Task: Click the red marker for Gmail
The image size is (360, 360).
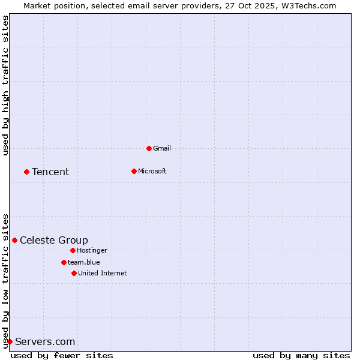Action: [149, 148]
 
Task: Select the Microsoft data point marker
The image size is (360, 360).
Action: [134, 171]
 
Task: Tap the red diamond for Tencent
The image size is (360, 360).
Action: [26, 172]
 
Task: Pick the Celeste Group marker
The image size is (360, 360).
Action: [14, 240]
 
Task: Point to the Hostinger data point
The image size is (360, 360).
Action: [73, 250]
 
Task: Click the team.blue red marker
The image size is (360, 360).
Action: [64, 262]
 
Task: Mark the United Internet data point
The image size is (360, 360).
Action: [74, 273]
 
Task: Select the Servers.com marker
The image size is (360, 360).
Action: [10, 341]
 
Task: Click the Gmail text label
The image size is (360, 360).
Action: [161, 148]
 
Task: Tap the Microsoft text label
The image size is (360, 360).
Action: [152, 171]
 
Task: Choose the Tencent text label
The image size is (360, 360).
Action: [50, 172]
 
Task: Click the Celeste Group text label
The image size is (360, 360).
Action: [54, 241]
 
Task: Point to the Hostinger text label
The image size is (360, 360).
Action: [92, 250]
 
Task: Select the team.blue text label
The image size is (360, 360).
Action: [83, 262]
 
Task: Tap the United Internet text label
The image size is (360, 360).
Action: [102, 273]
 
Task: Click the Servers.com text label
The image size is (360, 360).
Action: [45, 342]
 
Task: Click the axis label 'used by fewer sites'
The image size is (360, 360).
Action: [62, 355]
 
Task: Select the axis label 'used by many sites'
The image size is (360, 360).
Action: [301, 355]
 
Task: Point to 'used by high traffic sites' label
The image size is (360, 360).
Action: [6, 85]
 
